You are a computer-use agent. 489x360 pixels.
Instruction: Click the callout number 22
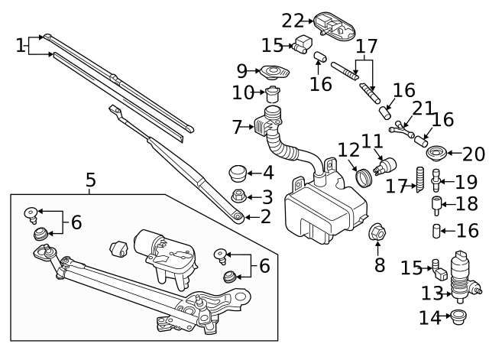coord(293,20)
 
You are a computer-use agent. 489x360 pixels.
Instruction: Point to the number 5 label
coord(90,181)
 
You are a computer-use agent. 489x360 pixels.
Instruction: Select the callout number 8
coord(378,266)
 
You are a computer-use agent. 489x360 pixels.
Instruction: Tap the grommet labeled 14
coord(458,316)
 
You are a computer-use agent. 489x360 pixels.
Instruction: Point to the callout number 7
coord(237,126)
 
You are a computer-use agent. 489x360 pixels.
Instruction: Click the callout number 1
coord(20,46)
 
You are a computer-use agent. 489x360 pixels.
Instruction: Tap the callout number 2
coord(265,217)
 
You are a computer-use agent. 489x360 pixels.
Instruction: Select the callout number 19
coord(465,183)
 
